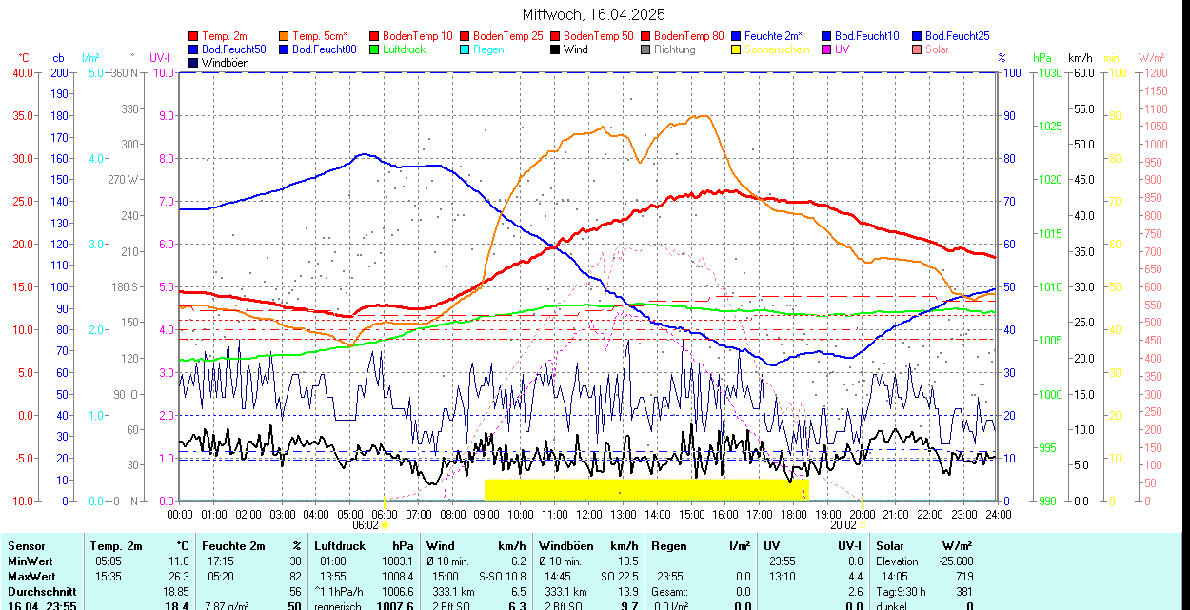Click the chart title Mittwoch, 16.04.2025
point(594,14)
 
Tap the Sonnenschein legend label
point(777,49)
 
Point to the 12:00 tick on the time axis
point(588,514)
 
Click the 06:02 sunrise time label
point(366,524)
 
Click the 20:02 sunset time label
point(843,524)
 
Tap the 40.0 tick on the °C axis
point(21,72)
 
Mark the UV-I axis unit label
point(159,58)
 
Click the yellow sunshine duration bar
point(645,489)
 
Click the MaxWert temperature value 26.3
point(178,577)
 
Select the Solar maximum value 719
point(962,577)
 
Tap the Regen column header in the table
point(669,546)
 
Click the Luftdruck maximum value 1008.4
point(397,577)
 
